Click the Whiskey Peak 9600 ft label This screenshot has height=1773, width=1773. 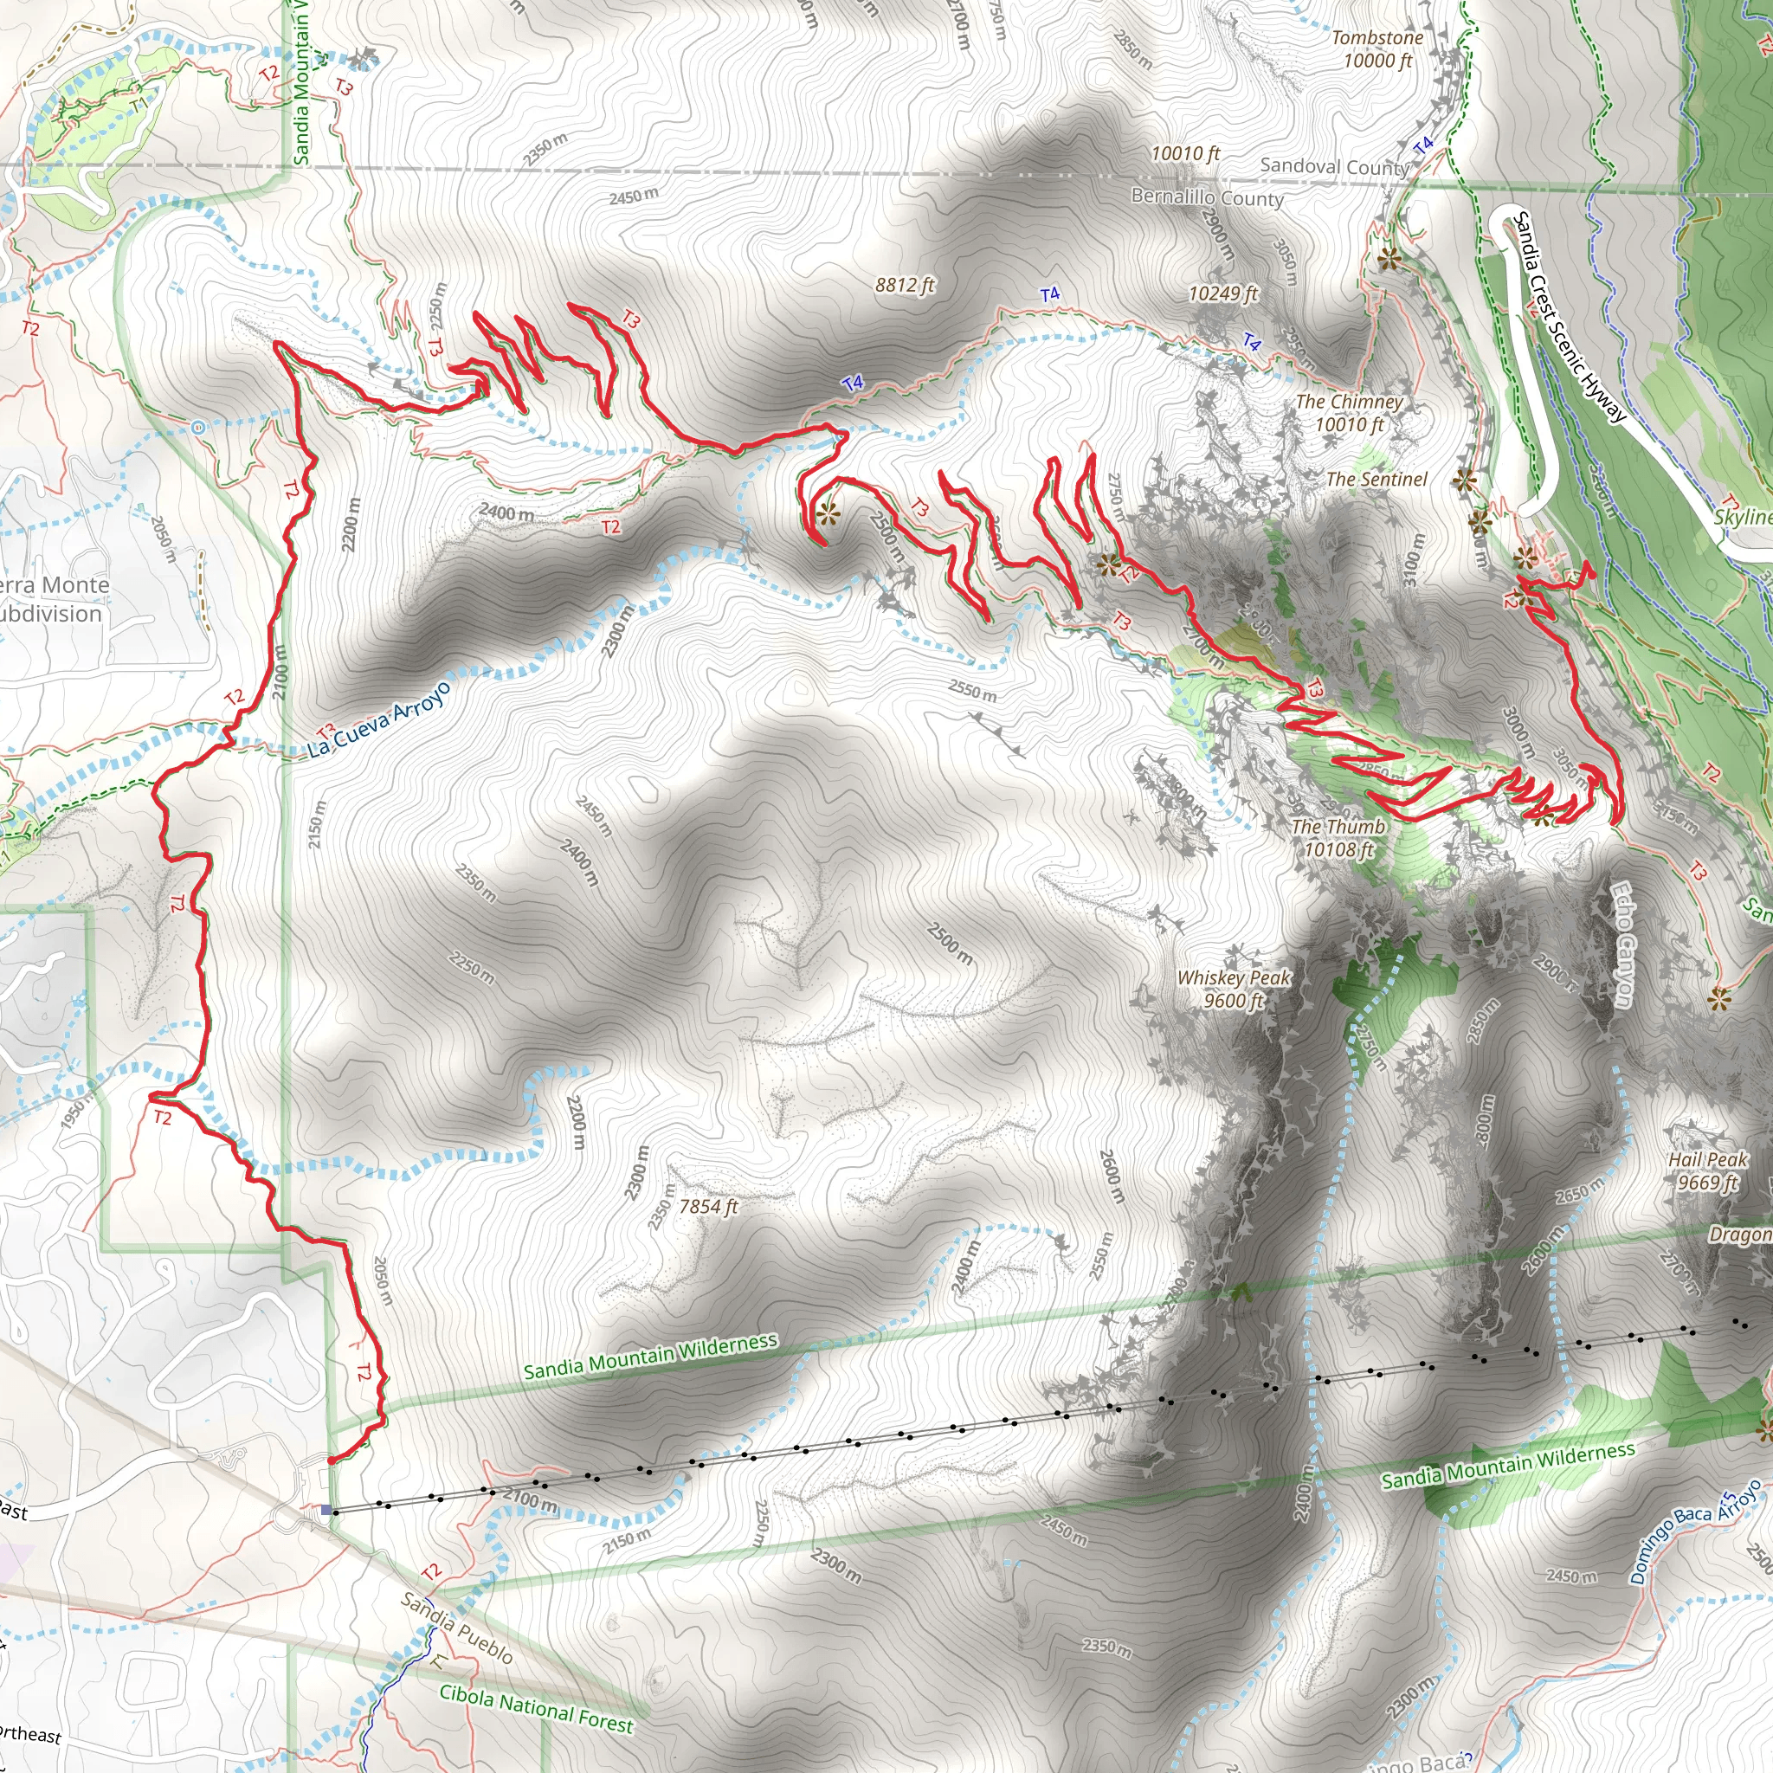(1234, 989)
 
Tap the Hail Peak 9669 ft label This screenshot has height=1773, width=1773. (1707, 1170)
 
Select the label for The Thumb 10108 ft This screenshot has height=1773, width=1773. (1338, 837)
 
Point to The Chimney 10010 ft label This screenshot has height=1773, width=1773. (1349, 412)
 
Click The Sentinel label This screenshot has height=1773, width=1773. (1376, 478)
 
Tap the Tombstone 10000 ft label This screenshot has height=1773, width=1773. (1377, 48)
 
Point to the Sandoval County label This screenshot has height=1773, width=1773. (1333, 166)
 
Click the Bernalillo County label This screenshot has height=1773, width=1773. (1207, 197)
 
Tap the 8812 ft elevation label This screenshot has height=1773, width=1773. (904, 285)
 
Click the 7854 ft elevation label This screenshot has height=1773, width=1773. (708, 1206)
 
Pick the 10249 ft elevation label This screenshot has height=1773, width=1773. (1222, 293)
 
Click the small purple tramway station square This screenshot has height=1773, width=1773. (326, 1509)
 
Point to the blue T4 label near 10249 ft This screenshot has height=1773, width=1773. (1251, 342)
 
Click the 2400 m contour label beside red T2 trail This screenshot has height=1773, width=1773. (506, 513)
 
